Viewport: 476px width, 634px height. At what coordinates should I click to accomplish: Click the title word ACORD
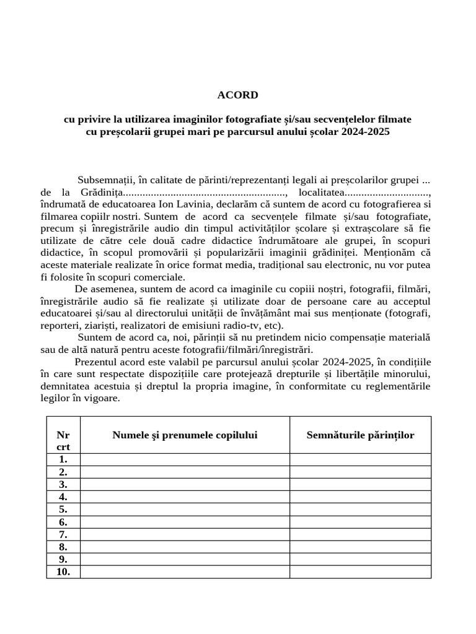237,95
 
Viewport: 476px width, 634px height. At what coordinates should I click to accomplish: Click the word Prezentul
96,362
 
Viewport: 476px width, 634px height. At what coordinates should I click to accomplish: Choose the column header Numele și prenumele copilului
185,435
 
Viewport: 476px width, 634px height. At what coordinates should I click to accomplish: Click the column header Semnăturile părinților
360,435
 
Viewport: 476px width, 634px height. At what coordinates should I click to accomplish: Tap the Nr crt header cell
63,440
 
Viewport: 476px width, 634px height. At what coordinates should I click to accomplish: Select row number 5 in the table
63,510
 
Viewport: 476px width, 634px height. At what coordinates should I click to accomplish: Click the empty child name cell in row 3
185,485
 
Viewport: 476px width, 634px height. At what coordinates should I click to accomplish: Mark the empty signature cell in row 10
360,572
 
